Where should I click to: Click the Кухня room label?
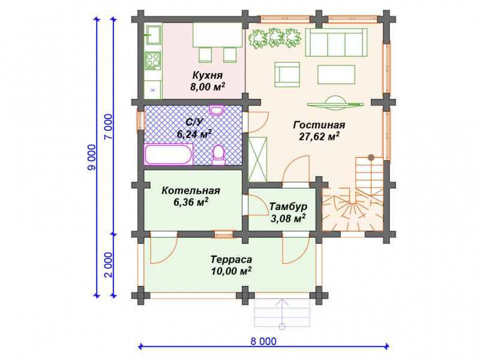click(x=208, y=75)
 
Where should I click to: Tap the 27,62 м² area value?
click(x=319, y=137)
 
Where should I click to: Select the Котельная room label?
click(x=191, y=190)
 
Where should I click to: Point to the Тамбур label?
click(x=288, y=206)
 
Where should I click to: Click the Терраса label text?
click(x=231, y=260)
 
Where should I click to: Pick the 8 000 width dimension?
click(x=263, y=341)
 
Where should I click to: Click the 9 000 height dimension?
click(x=92, y=157)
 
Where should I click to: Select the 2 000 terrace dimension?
click(x=109, y=265)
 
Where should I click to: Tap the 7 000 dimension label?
click(x=109, y=127)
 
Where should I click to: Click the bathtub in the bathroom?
click(x=169, y=154)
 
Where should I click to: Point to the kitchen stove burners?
click(x=152, y=60)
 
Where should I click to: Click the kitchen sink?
click(x=153, y=34)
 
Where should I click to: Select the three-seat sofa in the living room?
click(x=336, y=43)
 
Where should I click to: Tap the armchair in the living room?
click(x=287, y=74)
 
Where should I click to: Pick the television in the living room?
click(x=335, y=103)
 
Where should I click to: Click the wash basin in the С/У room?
click(x=217, y=110)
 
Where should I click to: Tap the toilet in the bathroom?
click(x=218, y=155)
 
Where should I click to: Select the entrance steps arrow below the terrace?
click(x=282, y=314)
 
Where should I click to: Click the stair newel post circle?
click(x=371, y=158)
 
